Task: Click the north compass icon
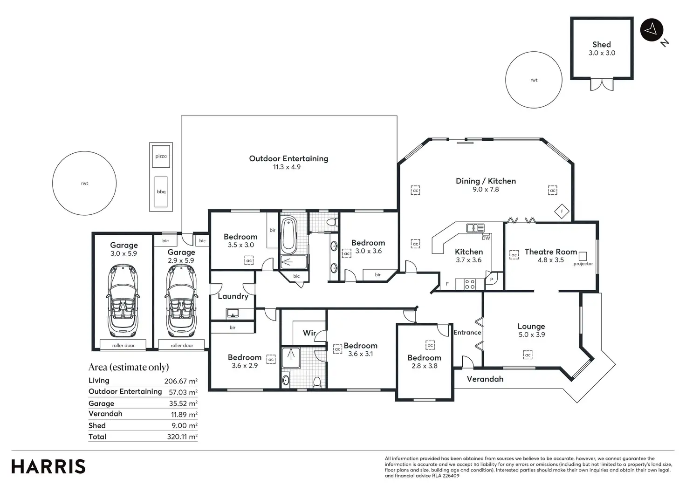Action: click(x=652, y=30)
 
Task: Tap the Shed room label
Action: click(x=602, y=45)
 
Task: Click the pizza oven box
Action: click(x=161, y=156)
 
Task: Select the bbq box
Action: click(x=161, y=191)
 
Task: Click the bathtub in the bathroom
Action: click(x=288, y=235)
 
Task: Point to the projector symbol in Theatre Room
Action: click(x=583, y=256)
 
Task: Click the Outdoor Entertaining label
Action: click(x=288, y=158)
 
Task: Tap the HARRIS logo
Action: click(x=48, y=467)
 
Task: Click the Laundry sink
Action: click(x=233, y=313)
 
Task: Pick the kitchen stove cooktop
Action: click(x=469, y=285)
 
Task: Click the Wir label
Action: click(x=309, y=333)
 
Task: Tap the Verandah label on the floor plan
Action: click(x=485, y=379)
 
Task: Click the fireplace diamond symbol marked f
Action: click(x=562, y=211)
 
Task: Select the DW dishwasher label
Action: click(x=486, y=238)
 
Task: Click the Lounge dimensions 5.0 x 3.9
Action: click(x=532, y=335)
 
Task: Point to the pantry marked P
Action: click(x=491, y=279)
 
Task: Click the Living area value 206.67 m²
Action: click(x=181, y=381)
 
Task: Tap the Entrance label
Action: click(x=467, y=333)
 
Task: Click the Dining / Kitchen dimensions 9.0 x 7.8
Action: click(x=486, y=190)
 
